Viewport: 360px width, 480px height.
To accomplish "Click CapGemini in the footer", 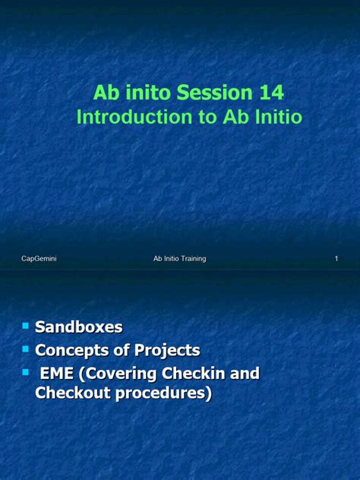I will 39,259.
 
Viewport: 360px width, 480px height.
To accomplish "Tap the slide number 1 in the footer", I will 336,259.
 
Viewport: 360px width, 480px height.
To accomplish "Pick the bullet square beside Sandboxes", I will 25,325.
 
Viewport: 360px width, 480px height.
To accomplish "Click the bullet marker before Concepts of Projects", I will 25,349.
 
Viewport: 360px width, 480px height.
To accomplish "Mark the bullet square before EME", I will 25,372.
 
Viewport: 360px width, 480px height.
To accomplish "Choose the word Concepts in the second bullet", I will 71,350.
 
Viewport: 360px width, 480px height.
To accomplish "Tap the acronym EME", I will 58,374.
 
